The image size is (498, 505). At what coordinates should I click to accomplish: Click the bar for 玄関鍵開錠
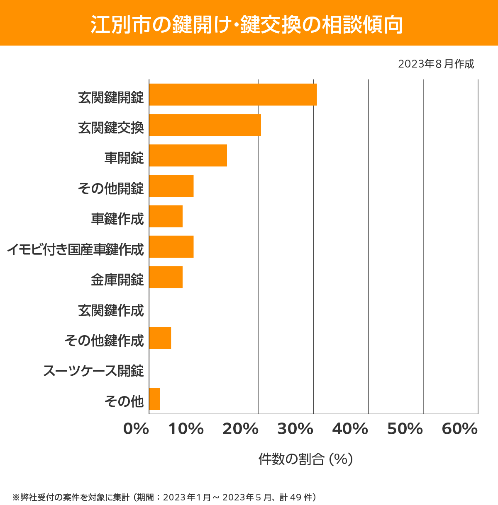(233, 94)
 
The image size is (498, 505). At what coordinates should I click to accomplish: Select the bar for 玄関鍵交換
(205, 125)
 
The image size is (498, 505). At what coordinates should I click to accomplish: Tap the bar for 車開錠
(188, 155)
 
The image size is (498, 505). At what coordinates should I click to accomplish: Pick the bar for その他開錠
(171, 186)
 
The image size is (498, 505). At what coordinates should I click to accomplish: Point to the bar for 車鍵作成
(166, 216)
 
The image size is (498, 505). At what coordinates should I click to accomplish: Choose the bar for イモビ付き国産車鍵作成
(171, 246)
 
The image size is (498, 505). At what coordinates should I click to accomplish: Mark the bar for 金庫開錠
(166, 277)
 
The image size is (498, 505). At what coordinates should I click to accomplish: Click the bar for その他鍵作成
(160, 338)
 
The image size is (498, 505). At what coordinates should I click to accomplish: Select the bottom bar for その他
(155, 399)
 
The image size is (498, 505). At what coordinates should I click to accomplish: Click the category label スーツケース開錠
(93, 370)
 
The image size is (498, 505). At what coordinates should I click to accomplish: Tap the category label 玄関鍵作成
(111, 310)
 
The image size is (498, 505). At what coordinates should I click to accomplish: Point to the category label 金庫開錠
(117, 280)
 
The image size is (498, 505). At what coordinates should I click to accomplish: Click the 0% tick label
(136, 429)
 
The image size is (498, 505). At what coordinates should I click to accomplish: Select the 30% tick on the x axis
(295, 429)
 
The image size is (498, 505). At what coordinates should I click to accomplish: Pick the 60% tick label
(459, 429)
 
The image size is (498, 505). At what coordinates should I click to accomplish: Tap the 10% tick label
(186, 429)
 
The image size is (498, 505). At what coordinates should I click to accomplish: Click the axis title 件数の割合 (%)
(305, 459)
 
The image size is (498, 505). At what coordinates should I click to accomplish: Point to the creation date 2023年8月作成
(436, 64)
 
